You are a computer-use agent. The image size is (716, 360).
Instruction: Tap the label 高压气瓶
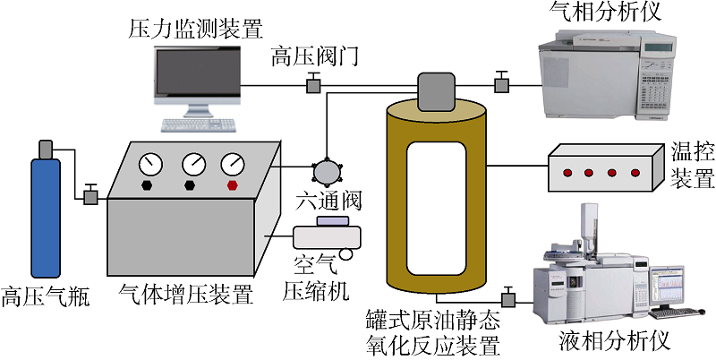46,296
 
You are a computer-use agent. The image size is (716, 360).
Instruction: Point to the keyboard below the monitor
199,125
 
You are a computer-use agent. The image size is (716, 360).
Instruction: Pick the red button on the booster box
234,185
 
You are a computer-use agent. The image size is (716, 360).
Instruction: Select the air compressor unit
328,235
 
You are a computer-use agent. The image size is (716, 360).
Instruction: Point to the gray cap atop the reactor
435,90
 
